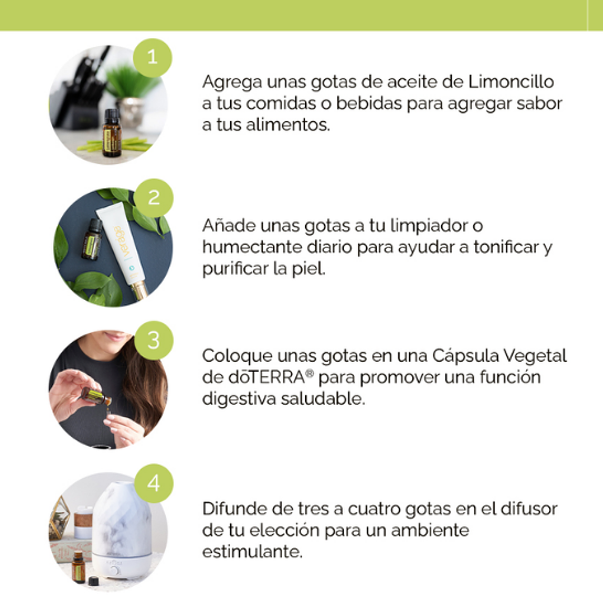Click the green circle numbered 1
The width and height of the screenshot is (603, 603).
(x=153, y=58)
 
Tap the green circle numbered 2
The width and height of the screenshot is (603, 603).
(x=154, y=198)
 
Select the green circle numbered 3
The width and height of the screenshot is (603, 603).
(x=154, y=340)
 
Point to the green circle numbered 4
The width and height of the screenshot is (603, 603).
(x=154, y=483)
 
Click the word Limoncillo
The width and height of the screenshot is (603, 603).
(x=511, y=82)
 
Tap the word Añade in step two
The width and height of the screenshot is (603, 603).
(x=229, y=225)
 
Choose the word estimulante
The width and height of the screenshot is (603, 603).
(x=252, y=552)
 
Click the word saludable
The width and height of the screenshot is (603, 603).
(x=322, y=398)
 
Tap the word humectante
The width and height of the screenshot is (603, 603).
(x=252, y=247)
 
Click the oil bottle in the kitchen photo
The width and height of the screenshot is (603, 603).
(x=112, y=132)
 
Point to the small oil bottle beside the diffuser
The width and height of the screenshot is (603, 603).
(x=78, y=567)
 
